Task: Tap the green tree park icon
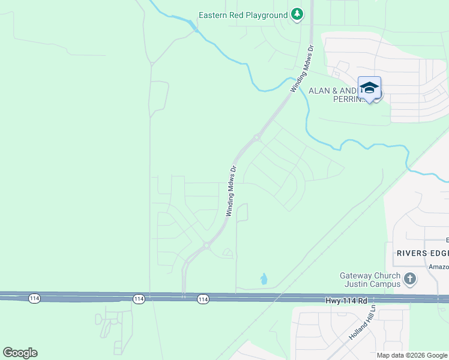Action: [297, 14]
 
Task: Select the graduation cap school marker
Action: [369, 88]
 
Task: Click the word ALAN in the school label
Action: [319, 91]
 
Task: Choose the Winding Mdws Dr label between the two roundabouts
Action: [232, 190]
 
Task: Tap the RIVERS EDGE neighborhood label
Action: [422, 253]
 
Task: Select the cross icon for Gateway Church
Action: [410, 278]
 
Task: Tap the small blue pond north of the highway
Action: [264, 279]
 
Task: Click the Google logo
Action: [20, 353]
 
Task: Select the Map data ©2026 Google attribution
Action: [411, 355]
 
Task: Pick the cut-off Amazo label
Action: [438, 266]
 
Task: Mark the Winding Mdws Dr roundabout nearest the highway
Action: [206, 245]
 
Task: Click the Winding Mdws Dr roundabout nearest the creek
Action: [257, 137]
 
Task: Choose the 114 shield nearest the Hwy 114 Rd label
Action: [203, 299]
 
